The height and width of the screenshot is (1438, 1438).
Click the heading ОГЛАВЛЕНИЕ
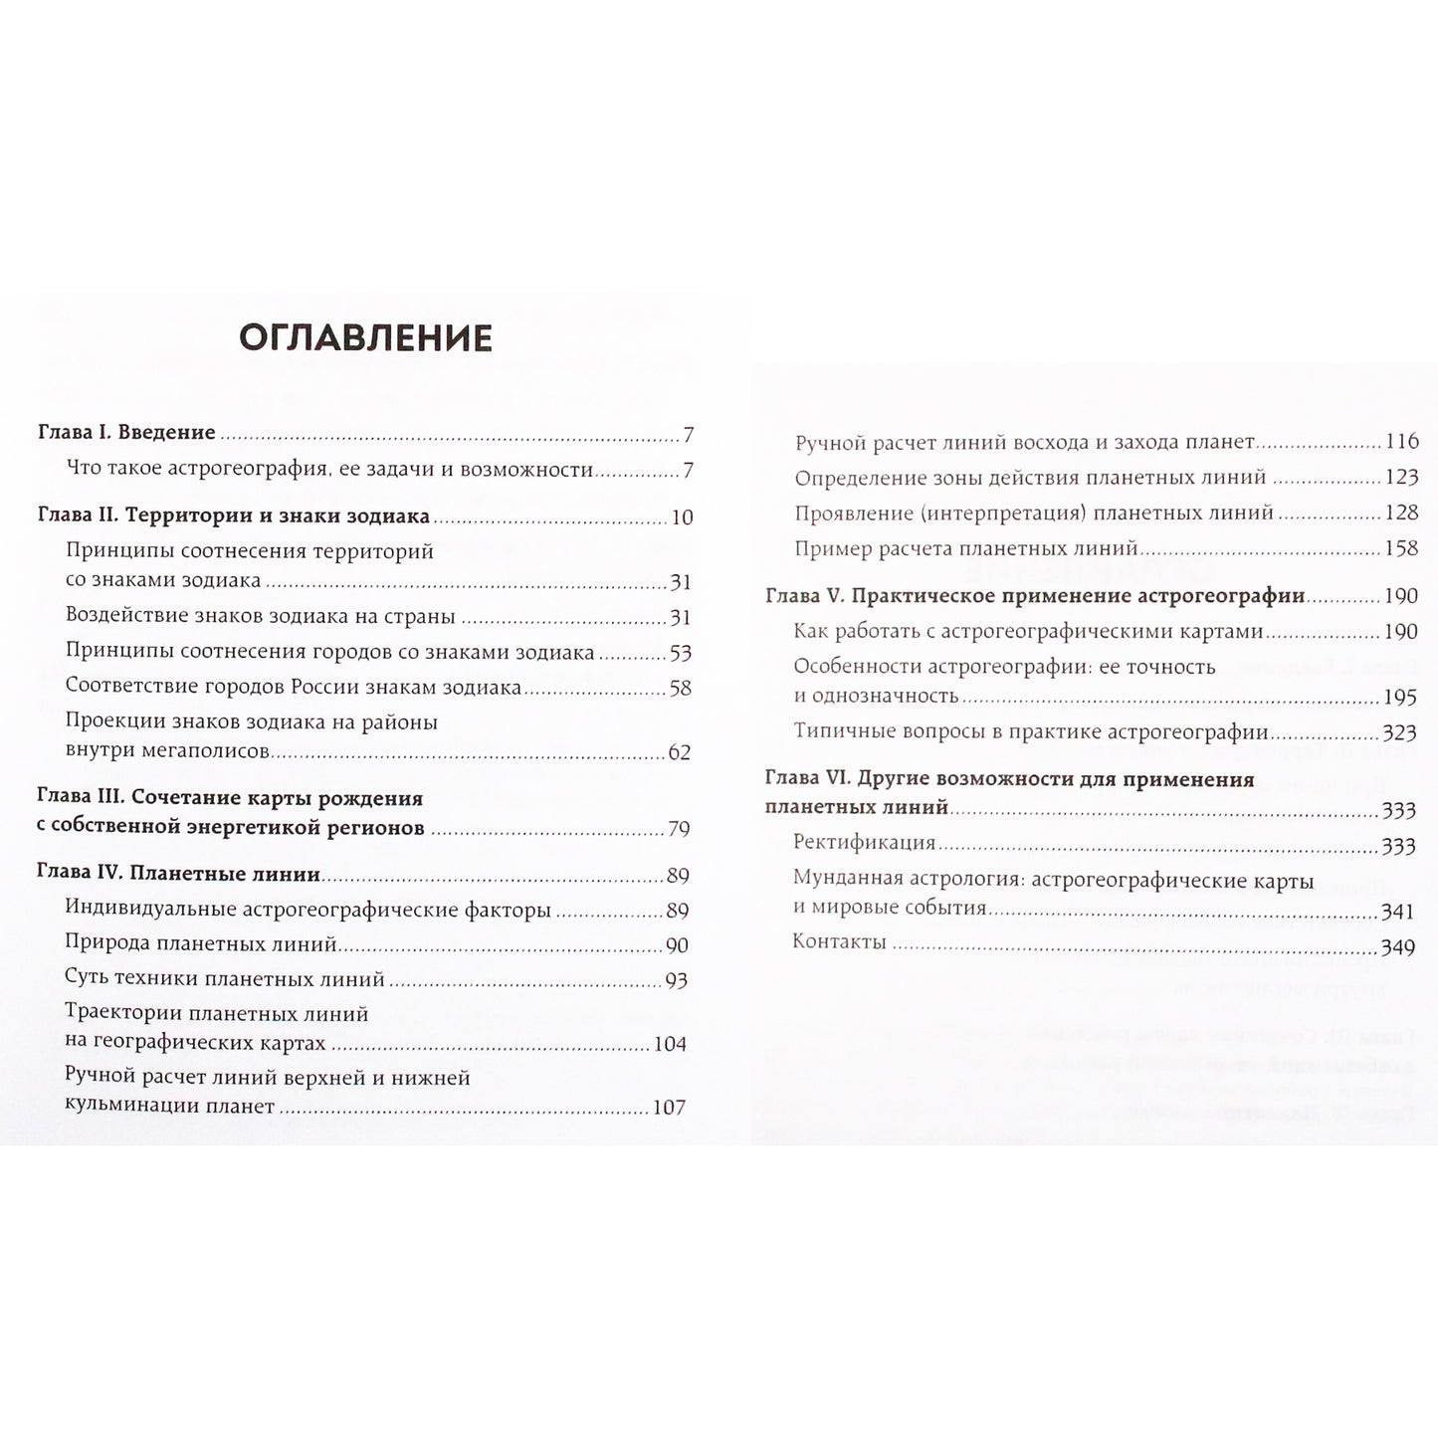coord(365,338)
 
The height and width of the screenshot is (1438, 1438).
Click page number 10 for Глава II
coord(682,517)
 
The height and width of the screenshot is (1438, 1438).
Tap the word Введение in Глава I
coord(167,432)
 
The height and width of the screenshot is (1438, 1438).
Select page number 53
coord(681,654)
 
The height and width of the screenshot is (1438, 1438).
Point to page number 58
coord(681,689)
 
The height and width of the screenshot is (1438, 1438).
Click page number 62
coord(680,753)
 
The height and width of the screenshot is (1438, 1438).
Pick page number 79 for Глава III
coord(680,829)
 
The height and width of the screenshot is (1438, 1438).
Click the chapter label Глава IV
coord(78,874)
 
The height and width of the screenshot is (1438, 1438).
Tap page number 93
coord(677,981)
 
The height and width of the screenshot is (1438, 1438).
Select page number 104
coord(671,1045)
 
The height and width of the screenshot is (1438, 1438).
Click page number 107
coord(670,1108)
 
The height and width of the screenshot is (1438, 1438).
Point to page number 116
coord(1401,442)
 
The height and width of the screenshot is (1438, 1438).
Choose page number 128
coord(1401,514)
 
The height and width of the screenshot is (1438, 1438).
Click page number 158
coord(1401,548)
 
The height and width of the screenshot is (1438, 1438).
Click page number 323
coord(1399,733)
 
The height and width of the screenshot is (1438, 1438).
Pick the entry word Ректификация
coord(864,842)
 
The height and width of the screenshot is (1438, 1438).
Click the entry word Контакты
coord(839,941)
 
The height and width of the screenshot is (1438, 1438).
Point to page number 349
coord(1398,948)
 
